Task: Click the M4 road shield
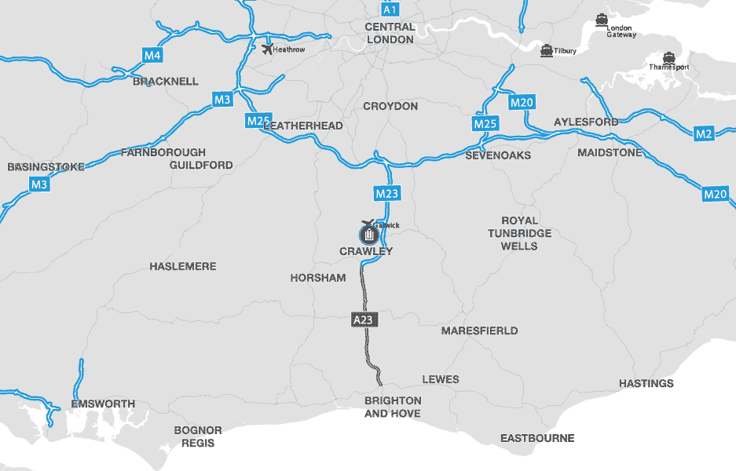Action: coord(153,56)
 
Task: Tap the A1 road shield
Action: coord(390,9)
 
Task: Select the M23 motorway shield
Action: coord(387,194)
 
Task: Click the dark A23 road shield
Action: coord(362,319)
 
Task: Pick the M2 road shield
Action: coord(705,134)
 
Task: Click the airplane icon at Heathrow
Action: coord(268,49)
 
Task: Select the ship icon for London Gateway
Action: coord(602,20)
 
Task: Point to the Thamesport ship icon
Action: coord(668,57)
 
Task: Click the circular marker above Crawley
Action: coord(368,234)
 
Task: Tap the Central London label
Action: coord(390,33)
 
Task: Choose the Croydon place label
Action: coord(390,106)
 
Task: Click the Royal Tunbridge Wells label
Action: coord(519,233)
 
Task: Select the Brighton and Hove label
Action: coord(393,407)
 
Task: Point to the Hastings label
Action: coord(646,383)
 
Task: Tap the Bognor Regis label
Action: coord(198,436)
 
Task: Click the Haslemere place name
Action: coord(182,267)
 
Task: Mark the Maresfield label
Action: coord(479,330)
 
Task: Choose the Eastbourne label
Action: coord(537,438)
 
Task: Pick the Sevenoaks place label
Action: coord(498,155)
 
